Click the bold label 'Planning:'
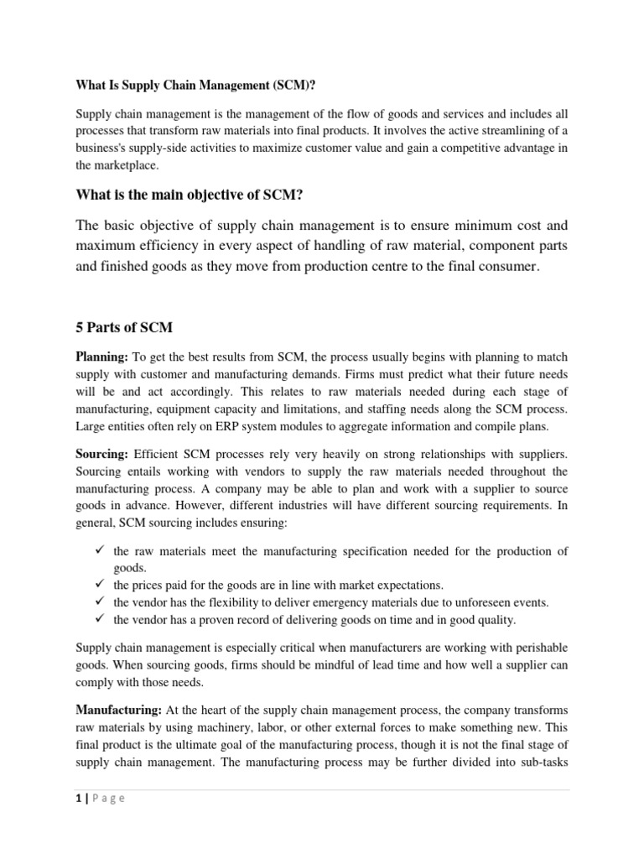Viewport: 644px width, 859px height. [x=102, y=357]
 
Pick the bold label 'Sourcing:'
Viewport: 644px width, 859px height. [x=102, y=452]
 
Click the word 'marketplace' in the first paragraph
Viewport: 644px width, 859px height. [x=126, y=166]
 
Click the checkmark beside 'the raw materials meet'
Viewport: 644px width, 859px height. [x=98, y=550]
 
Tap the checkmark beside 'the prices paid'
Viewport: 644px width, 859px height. [x=98, y=584]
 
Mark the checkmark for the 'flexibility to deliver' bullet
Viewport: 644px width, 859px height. [x=98, y=601]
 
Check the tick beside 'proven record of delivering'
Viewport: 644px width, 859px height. [x=98, y=619]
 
